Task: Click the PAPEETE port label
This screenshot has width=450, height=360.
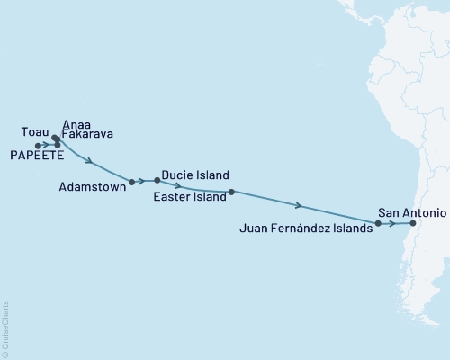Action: tap(37, 156)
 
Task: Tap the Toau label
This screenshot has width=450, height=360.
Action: tap(34, 131)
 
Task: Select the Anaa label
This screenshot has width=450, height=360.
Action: tap(76, 125)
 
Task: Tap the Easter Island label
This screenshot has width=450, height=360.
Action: tap(189, 196)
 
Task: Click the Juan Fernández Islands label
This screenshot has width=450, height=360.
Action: tap(306, 229)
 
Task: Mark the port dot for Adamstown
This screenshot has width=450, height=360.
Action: tap(132, 182)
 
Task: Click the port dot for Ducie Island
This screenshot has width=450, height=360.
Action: tap(157, 180)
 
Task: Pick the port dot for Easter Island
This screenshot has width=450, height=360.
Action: tap(231, 192)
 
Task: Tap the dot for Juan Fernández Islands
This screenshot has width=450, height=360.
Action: tap(378, 222)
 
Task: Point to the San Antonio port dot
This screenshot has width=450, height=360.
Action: tap(412, 223)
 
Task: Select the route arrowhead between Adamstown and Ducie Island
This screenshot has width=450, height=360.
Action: tap(143, 181)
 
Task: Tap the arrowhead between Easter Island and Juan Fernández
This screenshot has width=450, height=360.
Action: tap(298, 205)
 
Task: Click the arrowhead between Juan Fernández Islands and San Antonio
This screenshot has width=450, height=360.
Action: tap(393, 223)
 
